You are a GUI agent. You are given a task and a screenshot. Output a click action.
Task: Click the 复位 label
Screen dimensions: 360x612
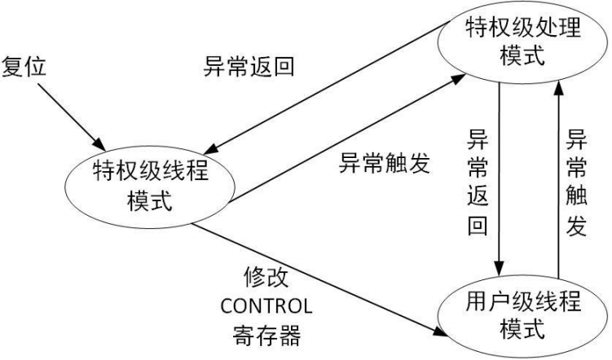(27, 66)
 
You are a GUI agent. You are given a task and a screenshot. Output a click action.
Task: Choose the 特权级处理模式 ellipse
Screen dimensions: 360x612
(523, 45)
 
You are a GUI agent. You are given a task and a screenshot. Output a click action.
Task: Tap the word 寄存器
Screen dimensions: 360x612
(266, 334)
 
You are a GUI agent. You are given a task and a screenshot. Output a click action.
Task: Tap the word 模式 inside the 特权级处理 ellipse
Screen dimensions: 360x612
(523, 59)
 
